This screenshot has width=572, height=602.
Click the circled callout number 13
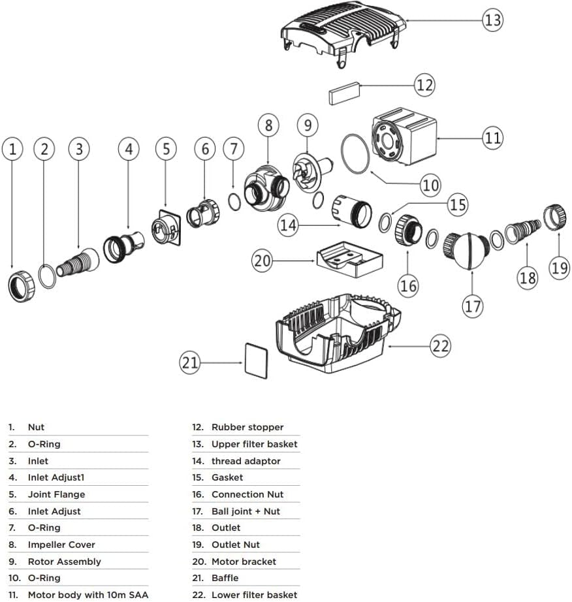point(492,20)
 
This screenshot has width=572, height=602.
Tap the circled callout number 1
point(12,149)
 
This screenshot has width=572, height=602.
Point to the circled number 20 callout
point(262,261)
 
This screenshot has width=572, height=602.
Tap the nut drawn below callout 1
point(22,287)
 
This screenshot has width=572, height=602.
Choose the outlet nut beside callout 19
point(554,217)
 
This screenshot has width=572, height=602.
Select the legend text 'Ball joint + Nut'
point(246,511)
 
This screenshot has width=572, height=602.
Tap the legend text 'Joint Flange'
point(56,494)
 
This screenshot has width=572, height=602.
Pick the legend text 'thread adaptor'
point(246,461)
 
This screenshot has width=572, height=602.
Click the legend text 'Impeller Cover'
point(61,545)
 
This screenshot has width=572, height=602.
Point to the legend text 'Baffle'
point(225,578)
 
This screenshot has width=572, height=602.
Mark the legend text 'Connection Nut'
point(247,494)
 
